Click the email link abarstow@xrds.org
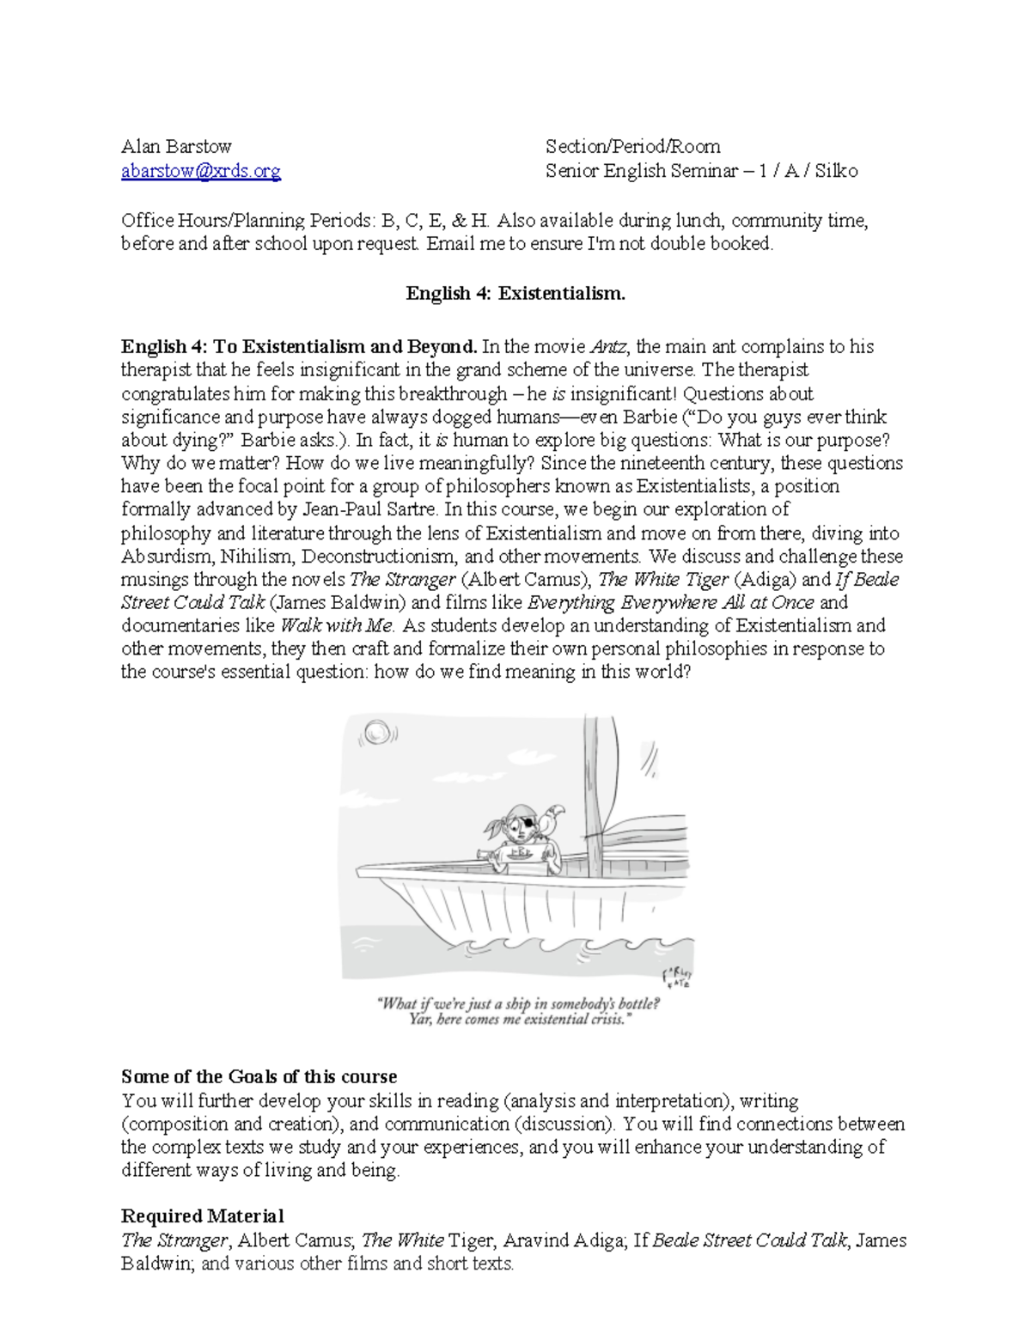[x=201, y=171]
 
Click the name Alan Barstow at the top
[x=176, y=146]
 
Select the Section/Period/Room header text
[x=632, y=146]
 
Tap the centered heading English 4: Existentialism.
[x=515, y=294]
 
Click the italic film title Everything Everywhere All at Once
[x=670, y=602]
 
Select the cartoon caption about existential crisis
[x=519, y=1011]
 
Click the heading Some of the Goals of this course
[x=259, y=1077]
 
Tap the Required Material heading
[x=202, y=1216]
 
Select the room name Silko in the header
[x=836, y=171]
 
